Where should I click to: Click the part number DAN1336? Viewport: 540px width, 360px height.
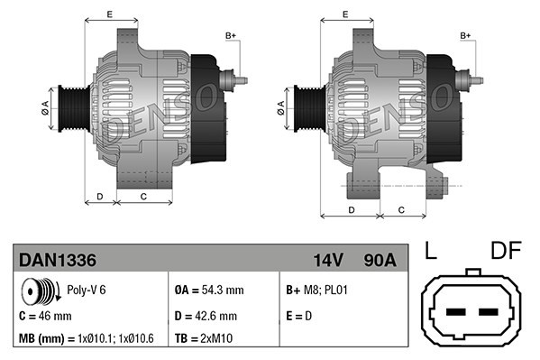tap(58, 259)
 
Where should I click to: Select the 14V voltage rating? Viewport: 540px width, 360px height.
tap(329, 259)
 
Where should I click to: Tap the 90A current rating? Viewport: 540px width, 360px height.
tap(379, 259)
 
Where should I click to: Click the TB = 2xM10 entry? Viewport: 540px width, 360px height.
tap(204, 339)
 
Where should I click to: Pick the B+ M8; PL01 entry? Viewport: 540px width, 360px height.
tap(316, 291)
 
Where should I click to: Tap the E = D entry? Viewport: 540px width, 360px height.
tap(299, 316)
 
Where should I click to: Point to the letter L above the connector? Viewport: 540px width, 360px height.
tap(432, 250)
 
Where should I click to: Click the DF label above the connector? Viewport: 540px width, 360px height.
tap(507, 250)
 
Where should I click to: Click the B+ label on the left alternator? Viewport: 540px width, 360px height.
tap(231, 35)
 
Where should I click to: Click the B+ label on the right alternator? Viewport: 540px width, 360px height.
tap(466, 35)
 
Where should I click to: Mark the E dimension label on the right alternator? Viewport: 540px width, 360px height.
tap(345, 14)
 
